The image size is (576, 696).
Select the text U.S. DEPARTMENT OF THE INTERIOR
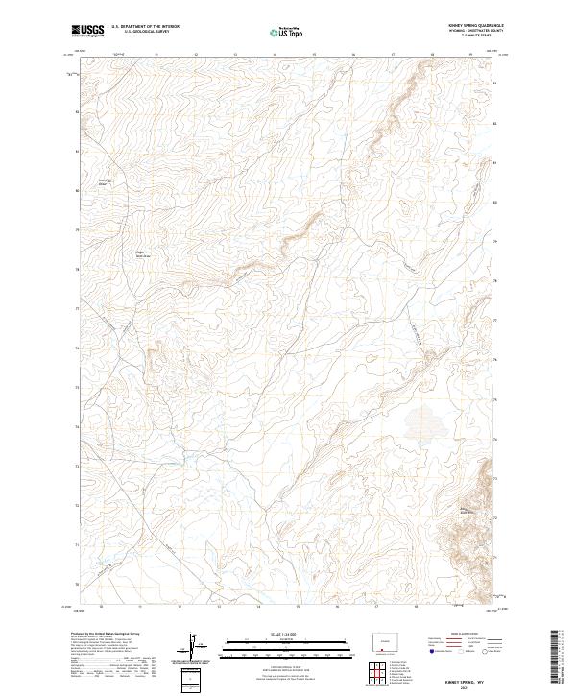point(146,28)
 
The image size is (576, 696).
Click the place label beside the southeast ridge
point(468,510)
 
